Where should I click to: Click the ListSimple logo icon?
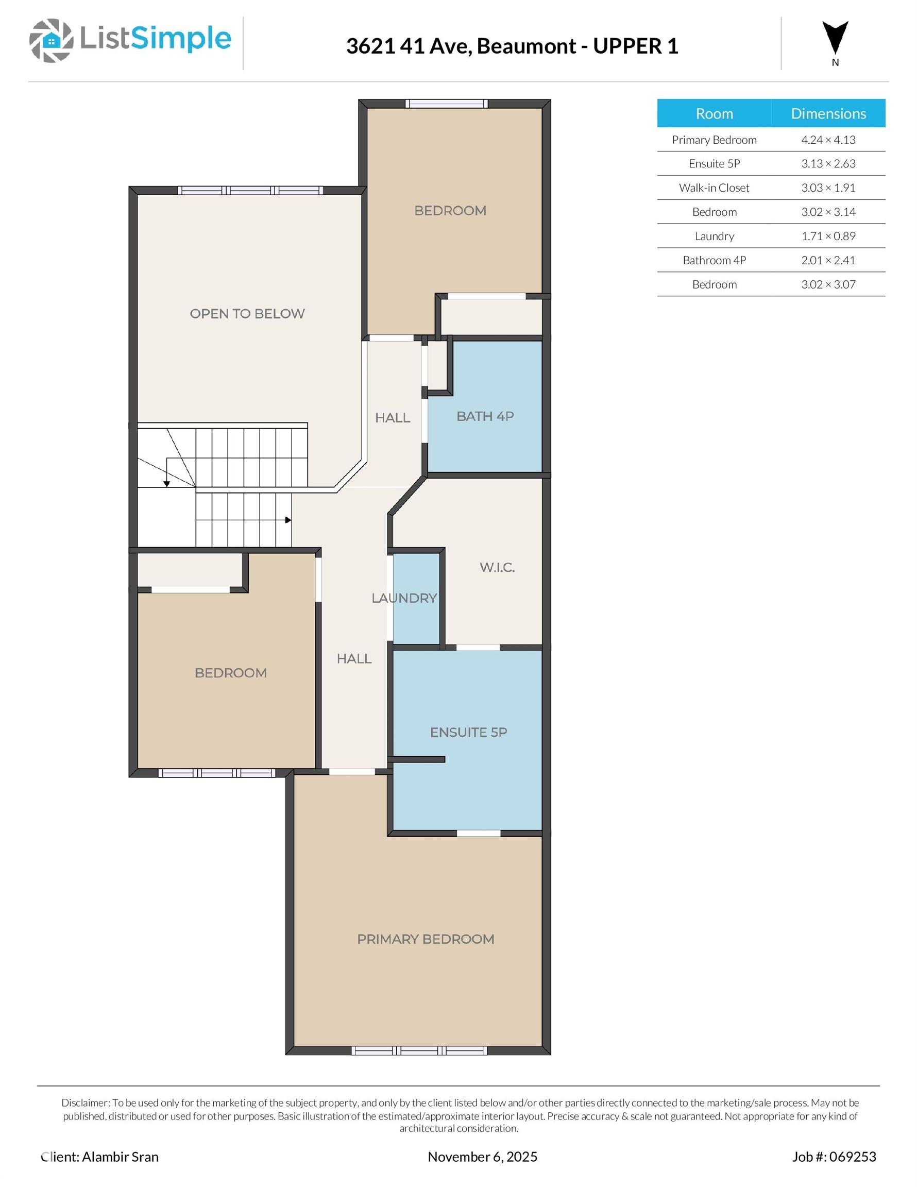pos(51,40)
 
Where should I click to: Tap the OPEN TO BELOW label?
pos(247,314)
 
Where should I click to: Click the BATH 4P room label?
pos(485,416)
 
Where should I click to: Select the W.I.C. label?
pos(497,567)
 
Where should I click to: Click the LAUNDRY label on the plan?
pos(404,598)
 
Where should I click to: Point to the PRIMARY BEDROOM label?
pos(426,939)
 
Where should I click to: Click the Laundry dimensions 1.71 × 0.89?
pos(828,236)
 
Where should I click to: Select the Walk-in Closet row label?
pos(714,188)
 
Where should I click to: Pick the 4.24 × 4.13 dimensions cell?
pos(828,140)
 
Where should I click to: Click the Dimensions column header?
pos(828,113)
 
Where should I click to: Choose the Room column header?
pos(714,113)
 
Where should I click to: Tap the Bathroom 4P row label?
pos(714,260)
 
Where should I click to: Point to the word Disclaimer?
pos(86,1103)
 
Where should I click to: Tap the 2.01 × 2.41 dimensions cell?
pos(828,260)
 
